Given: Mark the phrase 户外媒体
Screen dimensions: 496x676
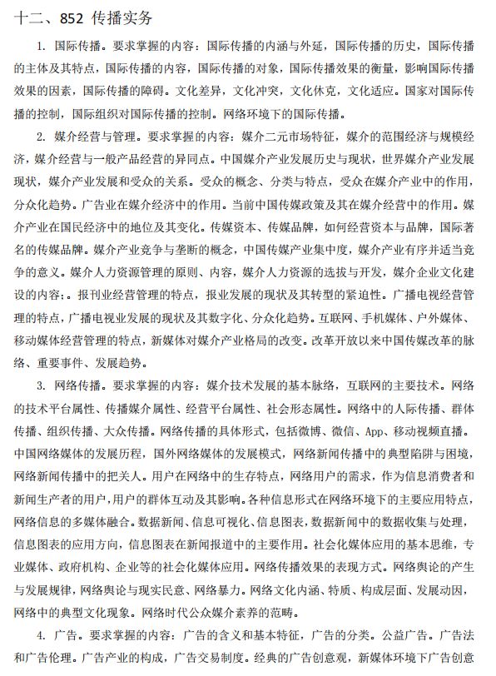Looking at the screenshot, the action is (x=451, y=317).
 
